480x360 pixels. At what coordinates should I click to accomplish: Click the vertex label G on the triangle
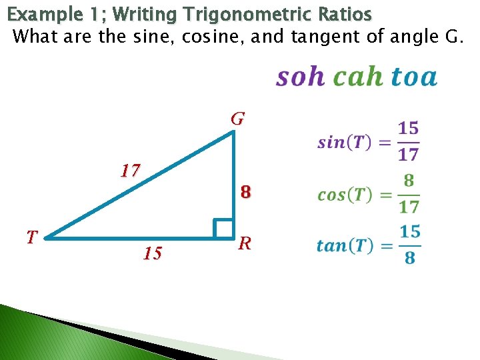[x=238, y=119]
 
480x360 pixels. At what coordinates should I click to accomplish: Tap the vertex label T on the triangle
[x=32, y=236]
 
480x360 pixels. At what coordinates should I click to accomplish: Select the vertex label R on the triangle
[x=245, y=243]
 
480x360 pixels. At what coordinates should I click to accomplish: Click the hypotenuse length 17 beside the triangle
[x=130, y=171]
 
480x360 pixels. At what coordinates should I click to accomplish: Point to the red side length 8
[x=246, y=193]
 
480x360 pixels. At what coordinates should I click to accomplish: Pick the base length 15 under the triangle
[x=152, y=253]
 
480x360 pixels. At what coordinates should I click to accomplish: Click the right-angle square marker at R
[x=223, y=228]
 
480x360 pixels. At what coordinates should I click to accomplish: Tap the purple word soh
[x=300, y=77]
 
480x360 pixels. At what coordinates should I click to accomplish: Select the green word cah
[x=358, y=77]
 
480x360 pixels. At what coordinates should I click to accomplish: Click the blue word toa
[x=414, y=77]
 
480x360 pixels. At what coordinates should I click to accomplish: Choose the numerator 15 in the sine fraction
[x=409, y=127]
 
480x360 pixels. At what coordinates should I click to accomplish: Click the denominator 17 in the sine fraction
[x=409, y=155]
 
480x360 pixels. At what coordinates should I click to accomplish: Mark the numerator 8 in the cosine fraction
[x=409, y=180]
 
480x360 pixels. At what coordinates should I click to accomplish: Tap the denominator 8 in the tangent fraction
[x=410, y=258]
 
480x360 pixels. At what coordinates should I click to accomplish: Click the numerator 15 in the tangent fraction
[x=410, y=232]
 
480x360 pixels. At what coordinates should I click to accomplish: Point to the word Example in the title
[x=39, y=14]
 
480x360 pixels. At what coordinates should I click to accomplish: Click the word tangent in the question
[x=323, y=36]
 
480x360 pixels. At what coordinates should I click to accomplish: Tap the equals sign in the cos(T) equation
[x=385, y=195]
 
